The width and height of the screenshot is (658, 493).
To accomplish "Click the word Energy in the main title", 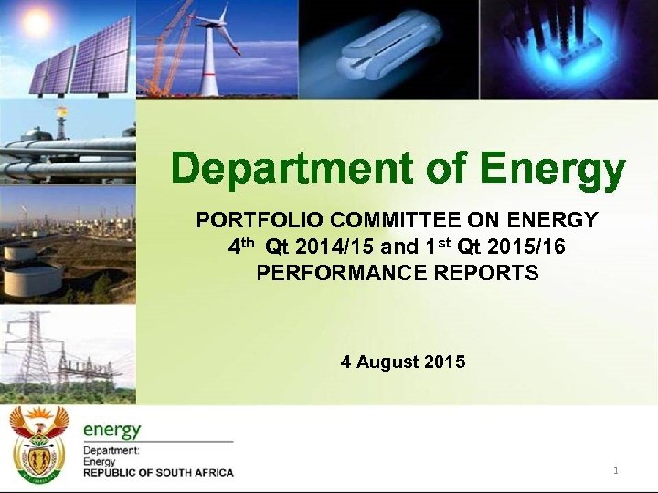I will pos(553,169).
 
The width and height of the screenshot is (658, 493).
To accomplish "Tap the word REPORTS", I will pos(494,273).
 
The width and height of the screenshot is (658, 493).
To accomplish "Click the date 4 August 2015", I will pos(403,362).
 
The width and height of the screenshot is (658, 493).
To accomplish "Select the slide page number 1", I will pos(616,470).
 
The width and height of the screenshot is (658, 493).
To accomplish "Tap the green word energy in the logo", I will pos(112,429).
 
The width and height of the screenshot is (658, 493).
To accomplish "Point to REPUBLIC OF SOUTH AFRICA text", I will pos(158,473).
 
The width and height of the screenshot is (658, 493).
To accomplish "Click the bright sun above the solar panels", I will pos(37,24).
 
